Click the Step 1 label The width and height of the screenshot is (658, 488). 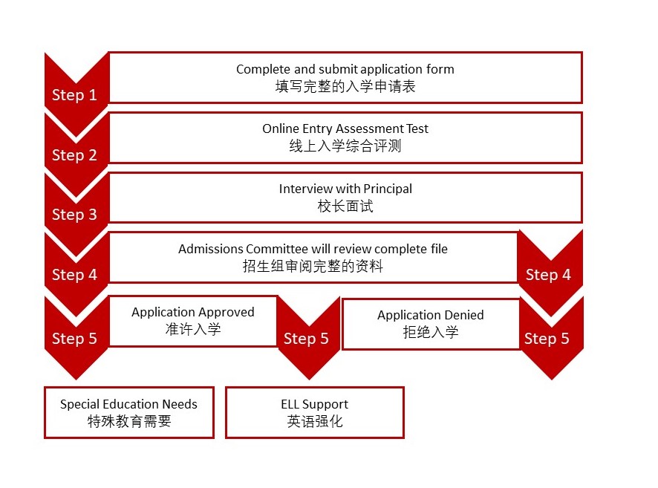[x=74, y=95]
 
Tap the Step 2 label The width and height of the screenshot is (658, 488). [x=74, y=155]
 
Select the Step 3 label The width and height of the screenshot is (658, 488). [x=74, y=215]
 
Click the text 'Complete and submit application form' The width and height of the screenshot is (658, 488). [x=345, y=69]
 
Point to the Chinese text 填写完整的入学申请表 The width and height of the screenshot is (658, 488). [x=345, y=86]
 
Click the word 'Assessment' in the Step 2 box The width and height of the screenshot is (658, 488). [x=363, y=128]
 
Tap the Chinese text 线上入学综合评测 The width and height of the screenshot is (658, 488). [x=345, y=146]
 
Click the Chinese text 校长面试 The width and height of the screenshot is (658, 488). [x=345, y=206]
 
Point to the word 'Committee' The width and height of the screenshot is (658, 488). [x=281, y=249]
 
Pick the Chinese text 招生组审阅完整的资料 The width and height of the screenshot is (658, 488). [x=313, y=266]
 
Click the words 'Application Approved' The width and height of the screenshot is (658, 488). [x=193, y=312]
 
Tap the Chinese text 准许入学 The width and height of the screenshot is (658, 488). [x=193, y=329]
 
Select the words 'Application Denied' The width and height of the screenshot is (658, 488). [x=431, y=315]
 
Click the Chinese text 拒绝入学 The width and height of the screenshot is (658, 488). [x=431, y=332]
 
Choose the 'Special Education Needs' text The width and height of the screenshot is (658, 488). [x=128, y=404]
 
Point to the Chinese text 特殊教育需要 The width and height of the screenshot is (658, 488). [x=128, y=422]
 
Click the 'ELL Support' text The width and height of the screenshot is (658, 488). [x=314, y=404]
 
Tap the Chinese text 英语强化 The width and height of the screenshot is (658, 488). [x=314, y=422]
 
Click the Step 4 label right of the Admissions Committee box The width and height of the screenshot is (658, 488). [x=548, y=275]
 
